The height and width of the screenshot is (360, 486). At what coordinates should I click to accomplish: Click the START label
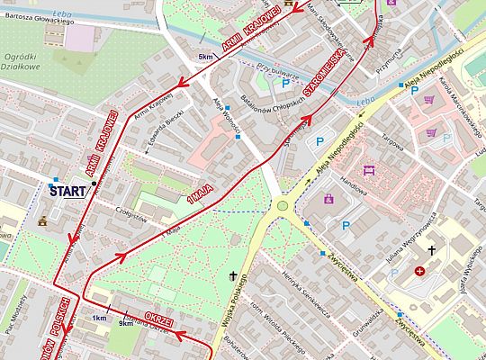tap(67, 191)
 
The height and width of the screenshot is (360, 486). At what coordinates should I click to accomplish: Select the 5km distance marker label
tap(206, 57)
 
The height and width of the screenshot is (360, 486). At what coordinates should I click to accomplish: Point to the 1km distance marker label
tap(99, 319)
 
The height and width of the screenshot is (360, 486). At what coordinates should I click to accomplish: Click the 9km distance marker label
tap(126, 323)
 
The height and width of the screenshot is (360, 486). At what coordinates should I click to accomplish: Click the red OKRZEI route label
tap(158, 320)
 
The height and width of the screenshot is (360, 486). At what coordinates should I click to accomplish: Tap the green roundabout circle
tap(283, 206)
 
